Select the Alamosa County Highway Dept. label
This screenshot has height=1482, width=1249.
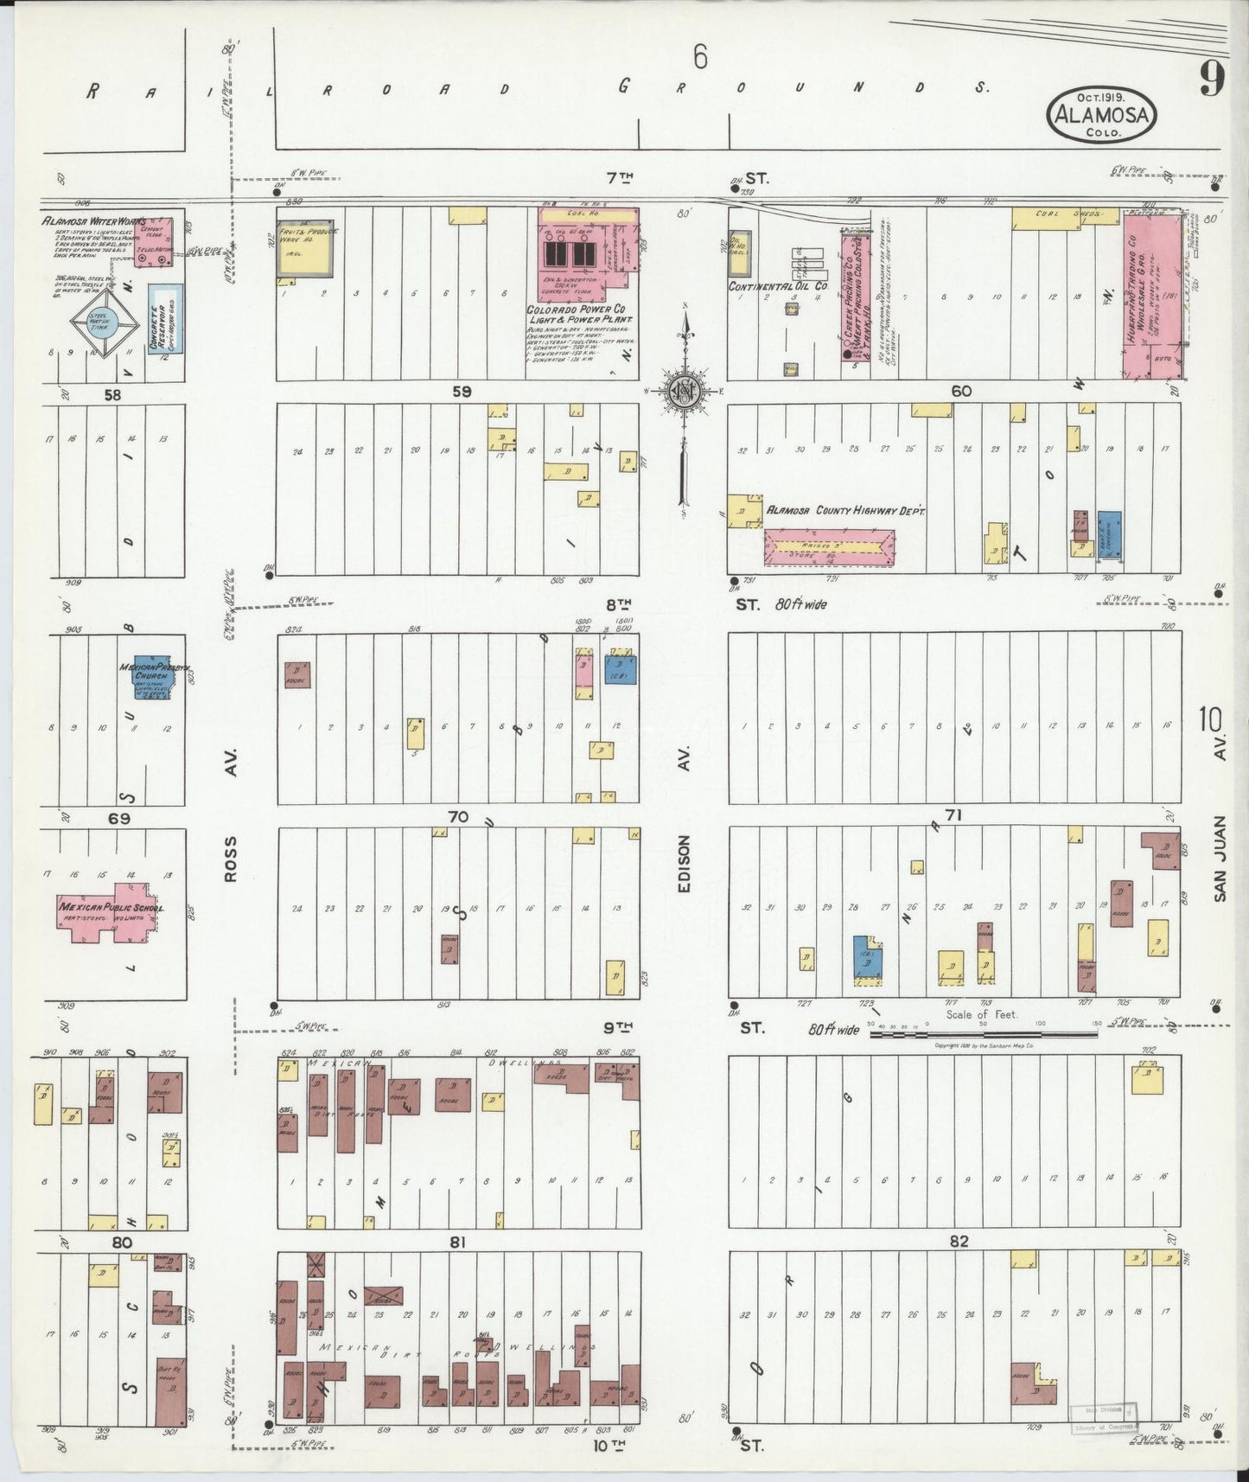point(846,512)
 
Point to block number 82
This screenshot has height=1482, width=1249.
point(959,1241)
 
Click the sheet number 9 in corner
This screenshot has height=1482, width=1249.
point(1210,80)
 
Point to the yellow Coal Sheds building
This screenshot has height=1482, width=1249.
point(1046,219)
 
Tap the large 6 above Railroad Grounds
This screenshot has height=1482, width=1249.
point(699,58)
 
